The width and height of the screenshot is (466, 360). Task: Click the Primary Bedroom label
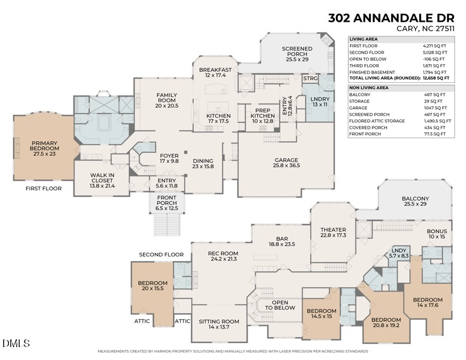44,146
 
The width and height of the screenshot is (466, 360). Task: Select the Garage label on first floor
287,163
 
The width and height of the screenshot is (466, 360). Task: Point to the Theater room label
333,232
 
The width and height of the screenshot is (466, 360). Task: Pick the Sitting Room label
218,325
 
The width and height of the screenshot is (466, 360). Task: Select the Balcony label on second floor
415,202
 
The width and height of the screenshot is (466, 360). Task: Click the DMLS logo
16,343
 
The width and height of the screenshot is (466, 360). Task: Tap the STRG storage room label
310,78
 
